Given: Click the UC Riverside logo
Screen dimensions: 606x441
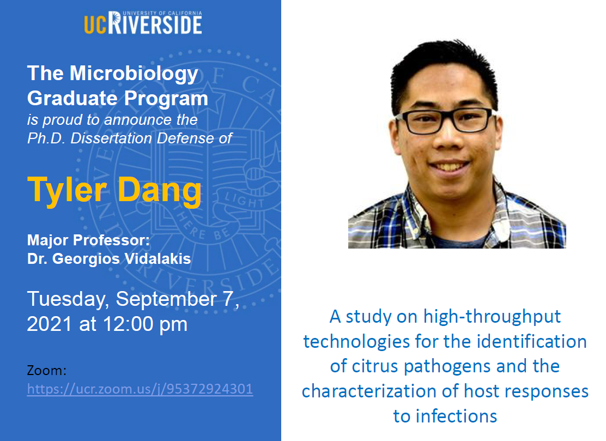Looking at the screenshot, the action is (143, 22).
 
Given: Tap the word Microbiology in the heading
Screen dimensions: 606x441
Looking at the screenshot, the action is (134, 74).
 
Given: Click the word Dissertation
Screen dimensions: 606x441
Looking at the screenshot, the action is (111, 138).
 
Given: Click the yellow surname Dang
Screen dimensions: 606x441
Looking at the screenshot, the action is (159, 191).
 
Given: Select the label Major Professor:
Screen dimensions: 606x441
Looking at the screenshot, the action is (88, 240).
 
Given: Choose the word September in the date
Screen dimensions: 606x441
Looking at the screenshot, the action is (166, 300).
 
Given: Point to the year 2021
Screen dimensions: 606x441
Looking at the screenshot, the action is (50, 324).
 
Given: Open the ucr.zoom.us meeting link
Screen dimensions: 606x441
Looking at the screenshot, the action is (140, 389).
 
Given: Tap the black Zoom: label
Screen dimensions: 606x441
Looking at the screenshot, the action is (47, 371).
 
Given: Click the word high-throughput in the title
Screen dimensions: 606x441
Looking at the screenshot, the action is (492, 317).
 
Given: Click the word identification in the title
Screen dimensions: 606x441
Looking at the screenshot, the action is (531, 342).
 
